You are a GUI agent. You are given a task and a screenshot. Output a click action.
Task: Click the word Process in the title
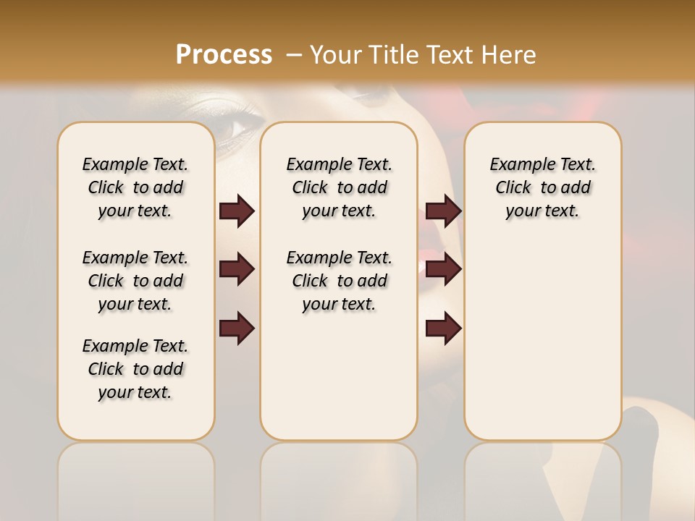224,54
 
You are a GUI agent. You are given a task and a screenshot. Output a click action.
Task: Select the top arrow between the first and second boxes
237,211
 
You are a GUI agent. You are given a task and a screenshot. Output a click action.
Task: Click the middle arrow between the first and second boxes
237,270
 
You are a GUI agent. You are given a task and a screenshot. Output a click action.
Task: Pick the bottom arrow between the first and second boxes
237,328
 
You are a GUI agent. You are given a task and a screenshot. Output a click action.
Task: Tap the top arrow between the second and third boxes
443,211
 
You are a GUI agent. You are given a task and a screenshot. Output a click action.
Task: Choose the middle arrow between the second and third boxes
443,270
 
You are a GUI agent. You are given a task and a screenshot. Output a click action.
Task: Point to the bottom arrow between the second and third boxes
443,328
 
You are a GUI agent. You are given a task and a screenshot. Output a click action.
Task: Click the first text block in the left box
135,187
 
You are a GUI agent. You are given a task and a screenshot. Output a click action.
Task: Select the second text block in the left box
135,281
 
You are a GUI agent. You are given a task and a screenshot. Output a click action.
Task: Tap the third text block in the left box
135,369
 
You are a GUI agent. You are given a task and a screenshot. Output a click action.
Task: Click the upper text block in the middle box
339,187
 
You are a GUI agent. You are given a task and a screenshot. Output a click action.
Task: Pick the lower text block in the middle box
339,281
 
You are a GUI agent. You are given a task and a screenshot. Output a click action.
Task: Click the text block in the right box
542,187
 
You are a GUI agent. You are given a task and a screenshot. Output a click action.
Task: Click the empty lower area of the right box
542,340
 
